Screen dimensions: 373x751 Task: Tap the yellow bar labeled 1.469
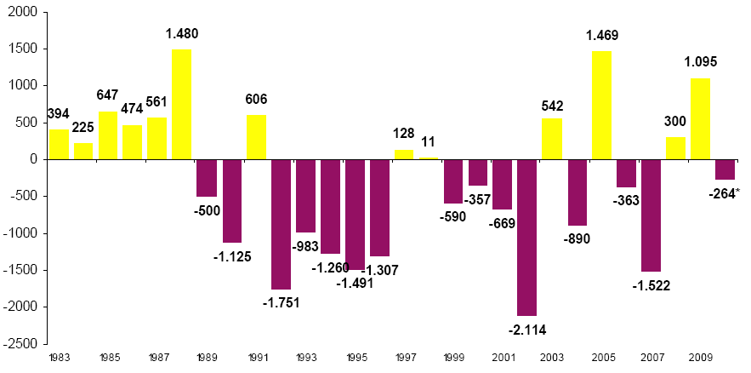click(x=601, y=105)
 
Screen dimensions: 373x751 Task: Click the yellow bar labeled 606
click(x=256, y=137)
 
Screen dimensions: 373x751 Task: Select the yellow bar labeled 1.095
click(x=700, y=118)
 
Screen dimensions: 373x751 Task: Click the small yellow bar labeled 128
click(x=403, y=154)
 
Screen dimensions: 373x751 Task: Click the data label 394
click(x=59, y=114)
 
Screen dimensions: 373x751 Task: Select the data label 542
click(x=553, y=106)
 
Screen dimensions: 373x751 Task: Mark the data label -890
click(x=577, y=239)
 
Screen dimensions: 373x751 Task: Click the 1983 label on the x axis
click(x=59, y=358)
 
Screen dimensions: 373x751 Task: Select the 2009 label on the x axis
click(x=700, y=358)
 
